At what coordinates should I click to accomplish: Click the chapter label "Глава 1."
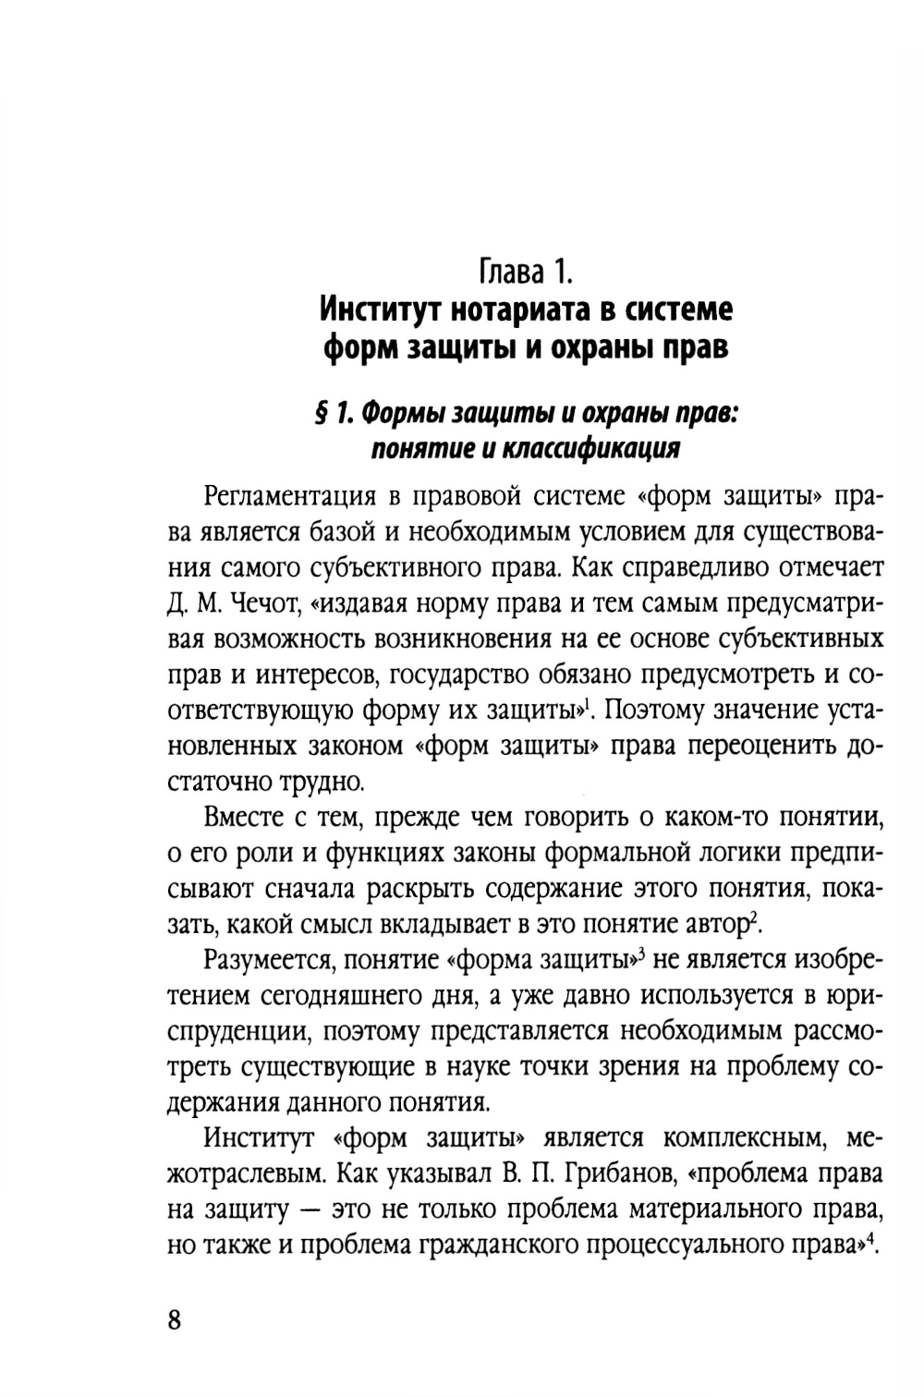coord(527,273)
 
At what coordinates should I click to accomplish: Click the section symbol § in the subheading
coord(320,415)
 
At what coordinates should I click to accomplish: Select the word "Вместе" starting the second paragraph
coord(245,817)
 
